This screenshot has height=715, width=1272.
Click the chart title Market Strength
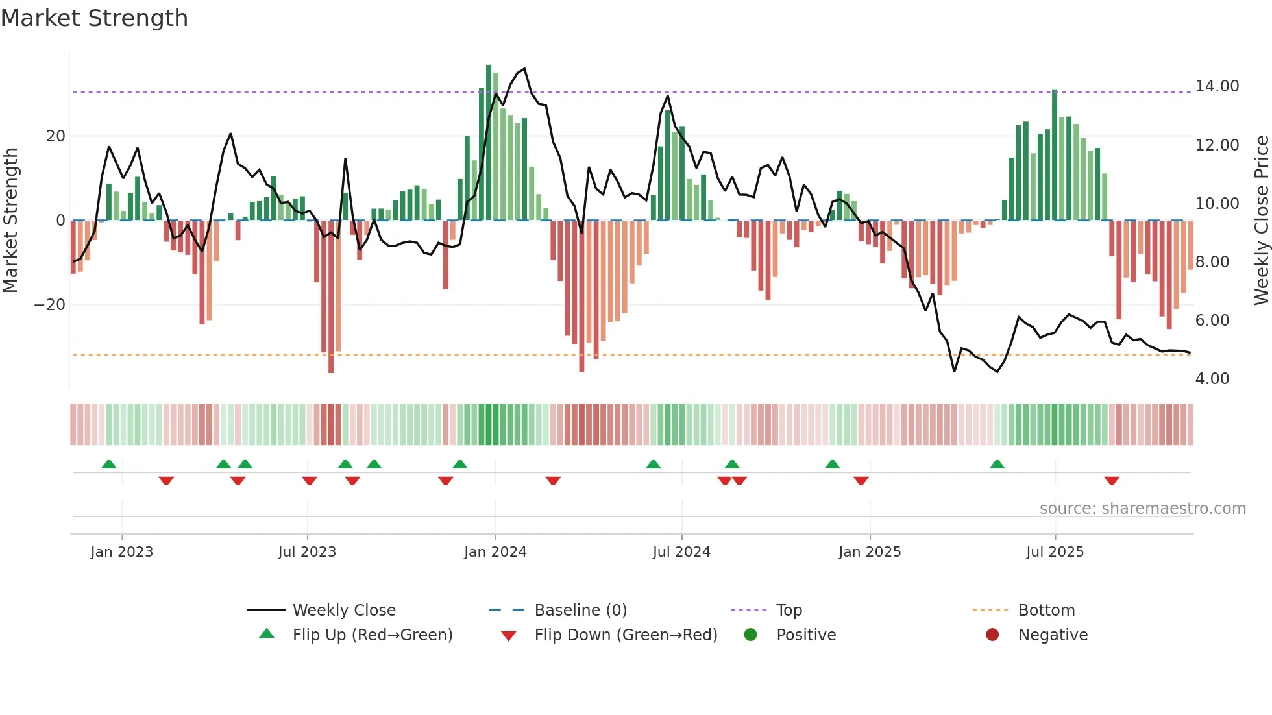[94, 18]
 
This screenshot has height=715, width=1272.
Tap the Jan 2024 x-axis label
[495, 552]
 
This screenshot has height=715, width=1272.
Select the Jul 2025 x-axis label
[1055, 552]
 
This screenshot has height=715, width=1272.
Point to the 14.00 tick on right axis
[1217, 86]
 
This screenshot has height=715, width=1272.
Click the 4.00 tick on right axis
[1212, 379]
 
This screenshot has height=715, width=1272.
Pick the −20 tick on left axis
[49, 305]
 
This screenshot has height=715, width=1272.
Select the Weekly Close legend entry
[343, 611]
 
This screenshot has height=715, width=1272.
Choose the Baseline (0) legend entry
[580, 611]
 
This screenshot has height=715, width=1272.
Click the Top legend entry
[789, 611]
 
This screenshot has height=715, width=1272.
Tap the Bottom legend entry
[1046, 611]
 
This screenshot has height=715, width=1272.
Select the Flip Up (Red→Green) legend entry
[372, 635]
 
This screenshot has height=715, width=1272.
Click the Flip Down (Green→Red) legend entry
[626, 635]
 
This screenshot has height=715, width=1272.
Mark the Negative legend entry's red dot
[992, 635]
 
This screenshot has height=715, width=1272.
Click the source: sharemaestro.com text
[1142, 509]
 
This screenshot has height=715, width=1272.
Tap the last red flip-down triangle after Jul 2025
[1111, 481]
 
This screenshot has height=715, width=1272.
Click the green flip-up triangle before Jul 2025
[997, 464]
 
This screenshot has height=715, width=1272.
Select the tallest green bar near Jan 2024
[489, 143]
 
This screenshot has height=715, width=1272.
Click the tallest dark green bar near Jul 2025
[1055, 156]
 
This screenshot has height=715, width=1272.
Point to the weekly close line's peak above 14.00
[524, 69]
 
